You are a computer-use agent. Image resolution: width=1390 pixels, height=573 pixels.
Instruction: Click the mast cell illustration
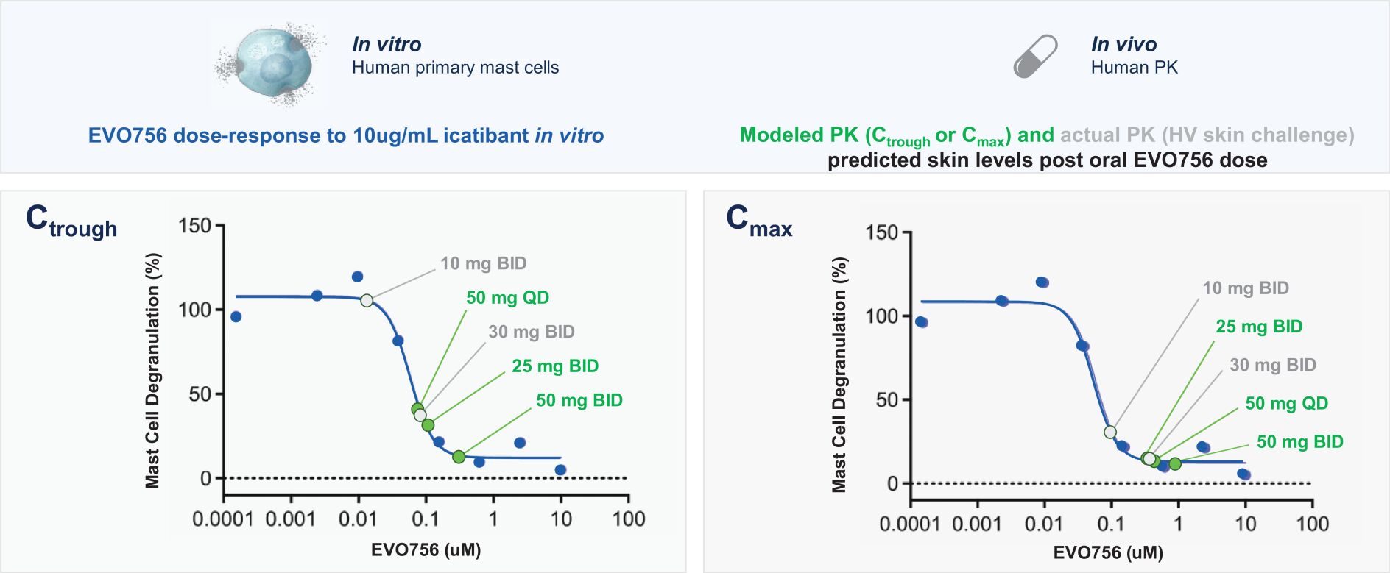268,65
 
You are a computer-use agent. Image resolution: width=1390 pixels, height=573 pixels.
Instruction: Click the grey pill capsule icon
1035,57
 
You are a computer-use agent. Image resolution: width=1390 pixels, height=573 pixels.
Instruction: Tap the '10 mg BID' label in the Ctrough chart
483,263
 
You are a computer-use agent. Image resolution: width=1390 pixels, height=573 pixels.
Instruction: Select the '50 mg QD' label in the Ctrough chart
507,298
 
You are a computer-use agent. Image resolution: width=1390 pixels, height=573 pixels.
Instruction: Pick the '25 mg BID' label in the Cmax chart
1259,327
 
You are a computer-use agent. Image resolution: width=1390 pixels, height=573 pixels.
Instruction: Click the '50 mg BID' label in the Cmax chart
1299,442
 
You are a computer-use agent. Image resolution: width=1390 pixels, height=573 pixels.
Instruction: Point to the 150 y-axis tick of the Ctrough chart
195,226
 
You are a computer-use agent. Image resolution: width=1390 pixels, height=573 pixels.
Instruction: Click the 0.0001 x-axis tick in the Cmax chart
909,524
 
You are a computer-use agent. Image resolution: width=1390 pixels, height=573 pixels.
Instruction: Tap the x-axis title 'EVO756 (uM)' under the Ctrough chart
426,550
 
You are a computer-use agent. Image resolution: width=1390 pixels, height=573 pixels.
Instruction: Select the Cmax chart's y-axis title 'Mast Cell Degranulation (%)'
839,375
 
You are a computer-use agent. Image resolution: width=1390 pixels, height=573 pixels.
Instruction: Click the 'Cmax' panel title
758,221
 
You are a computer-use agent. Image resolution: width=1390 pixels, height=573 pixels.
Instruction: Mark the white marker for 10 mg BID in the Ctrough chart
367,300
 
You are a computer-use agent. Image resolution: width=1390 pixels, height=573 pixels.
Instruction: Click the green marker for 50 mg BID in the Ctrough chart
459,457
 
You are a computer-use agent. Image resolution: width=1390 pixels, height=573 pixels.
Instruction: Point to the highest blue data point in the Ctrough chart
357,277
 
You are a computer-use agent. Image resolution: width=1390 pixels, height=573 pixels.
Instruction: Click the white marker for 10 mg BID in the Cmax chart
1110,432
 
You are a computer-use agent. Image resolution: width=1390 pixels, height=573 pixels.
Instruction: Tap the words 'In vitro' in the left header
387,44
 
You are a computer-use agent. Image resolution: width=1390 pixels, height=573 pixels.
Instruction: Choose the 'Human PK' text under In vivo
1134,68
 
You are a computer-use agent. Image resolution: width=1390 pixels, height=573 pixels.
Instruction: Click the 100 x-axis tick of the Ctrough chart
628,519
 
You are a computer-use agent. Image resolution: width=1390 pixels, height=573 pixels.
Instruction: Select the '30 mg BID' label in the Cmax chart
1272,365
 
